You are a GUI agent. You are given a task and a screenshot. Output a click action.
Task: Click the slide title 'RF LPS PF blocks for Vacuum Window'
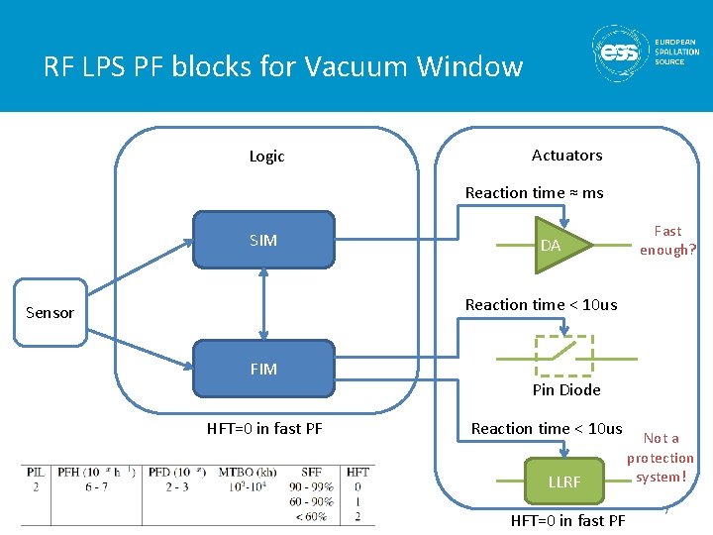click(x=282, y=66)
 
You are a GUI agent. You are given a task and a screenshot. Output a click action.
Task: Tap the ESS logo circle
click(x=620, y=53)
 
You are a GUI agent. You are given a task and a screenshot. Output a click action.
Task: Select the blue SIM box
click(x=263, y=240)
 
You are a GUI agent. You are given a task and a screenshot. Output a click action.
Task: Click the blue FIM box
click(x=263, y=369)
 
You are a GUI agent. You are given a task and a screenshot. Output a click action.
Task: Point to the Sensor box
click(x=50, y=312)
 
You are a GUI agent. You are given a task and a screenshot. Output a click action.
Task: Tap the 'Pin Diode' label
click(x=566, y=390)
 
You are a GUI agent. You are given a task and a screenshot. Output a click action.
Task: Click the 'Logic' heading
click(x=266, y=157)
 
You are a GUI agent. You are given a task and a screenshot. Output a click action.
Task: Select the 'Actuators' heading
click(x=566, y=156)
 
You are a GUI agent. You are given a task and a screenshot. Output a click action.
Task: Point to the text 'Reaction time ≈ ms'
click(x=535, y=193)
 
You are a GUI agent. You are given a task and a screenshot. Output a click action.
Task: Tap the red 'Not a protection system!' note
click(x=661, y=457)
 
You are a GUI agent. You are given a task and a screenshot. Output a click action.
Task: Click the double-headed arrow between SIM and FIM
click(x=263, y=304)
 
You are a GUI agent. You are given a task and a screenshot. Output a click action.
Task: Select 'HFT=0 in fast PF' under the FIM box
click(x=264, y=429)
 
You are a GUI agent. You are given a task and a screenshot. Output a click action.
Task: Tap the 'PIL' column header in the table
click(x=35, y=473)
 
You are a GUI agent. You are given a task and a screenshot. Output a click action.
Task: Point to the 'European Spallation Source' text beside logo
click(x=676, y=52)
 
